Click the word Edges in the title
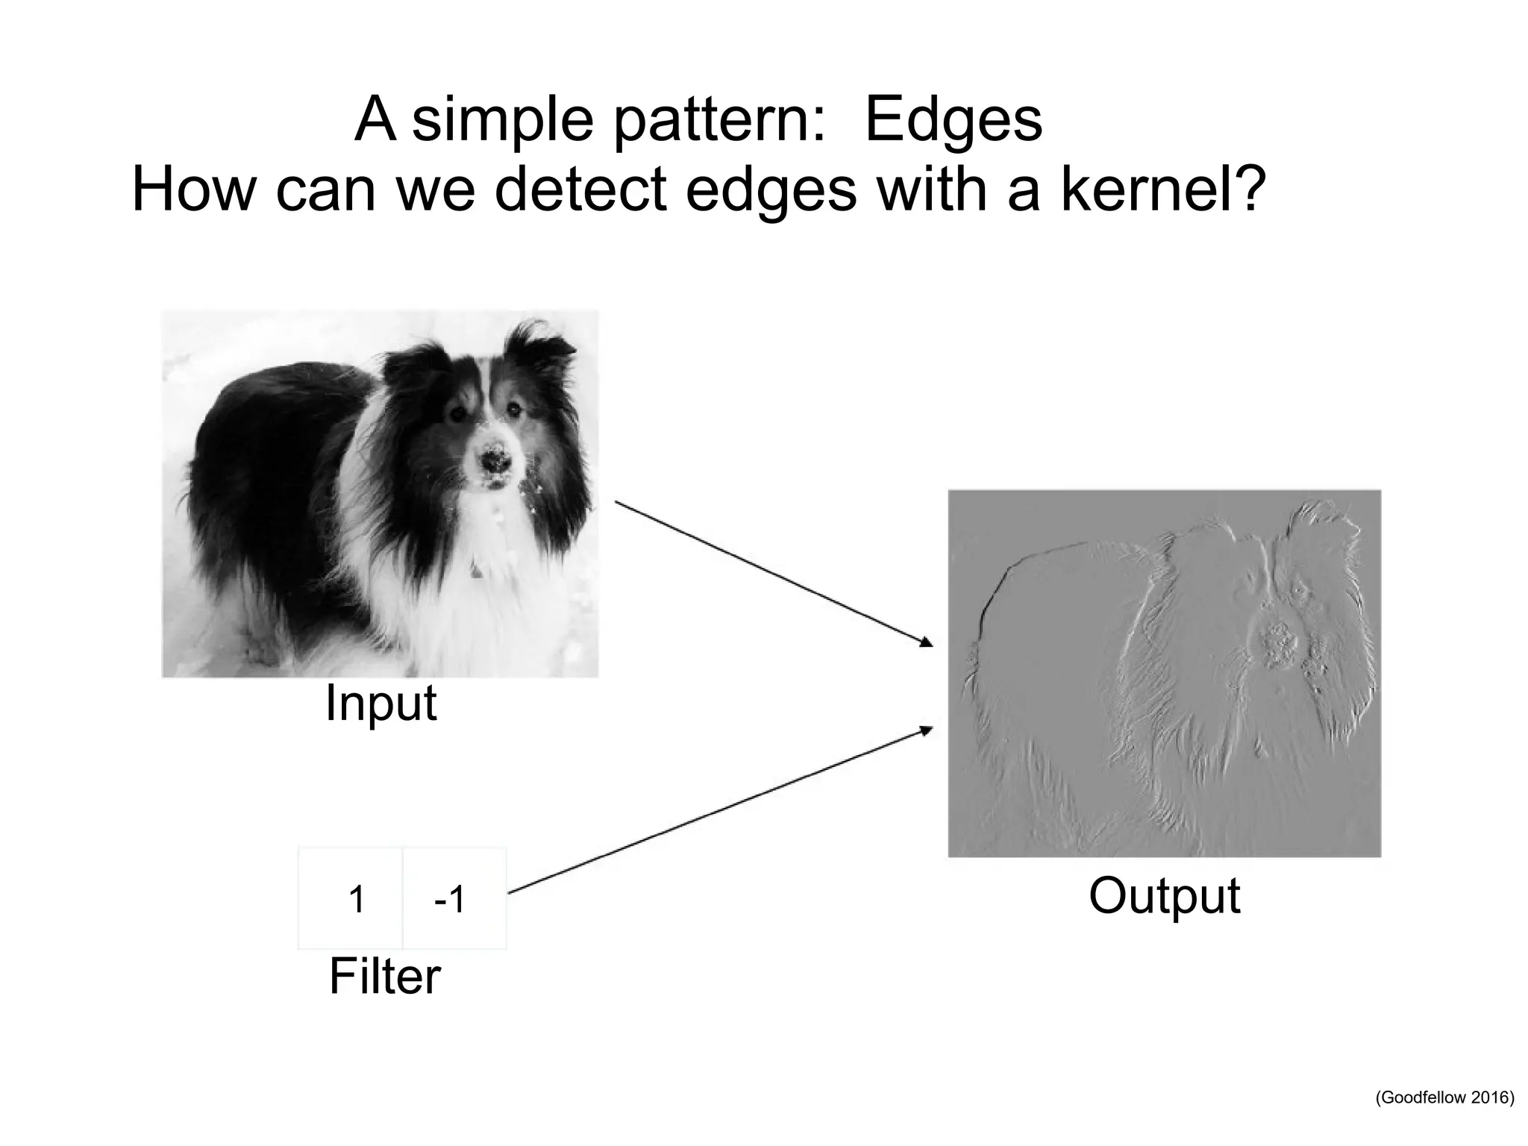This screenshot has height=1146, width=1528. [953, 120]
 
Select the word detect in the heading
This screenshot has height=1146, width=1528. [580, 190]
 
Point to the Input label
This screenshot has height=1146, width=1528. [381, 703]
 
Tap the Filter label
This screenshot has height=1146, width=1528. [384, 977]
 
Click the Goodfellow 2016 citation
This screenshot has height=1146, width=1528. [1444, 1118]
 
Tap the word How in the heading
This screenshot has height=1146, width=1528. [194, 190]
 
